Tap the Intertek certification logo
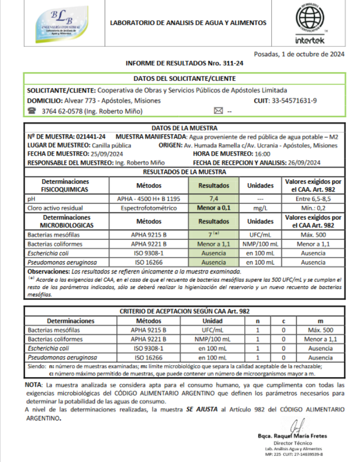point(309,24)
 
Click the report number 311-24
point(233,64)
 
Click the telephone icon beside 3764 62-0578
point(32,111)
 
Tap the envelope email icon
point(218,111)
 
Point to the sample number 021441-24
point(91,137)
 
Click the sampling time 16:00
point(256,154)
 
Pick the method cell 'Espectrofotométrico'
point(148,208)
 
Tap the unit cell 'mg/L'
point(260,208)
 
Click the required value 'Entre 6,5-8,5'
point(313,199)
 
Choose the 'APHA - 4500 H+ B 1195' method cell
point(148,199)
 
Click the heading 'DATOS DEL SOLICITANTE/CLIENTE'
point(184,79)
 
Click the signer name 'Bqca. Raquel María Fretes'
point(292,436)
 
